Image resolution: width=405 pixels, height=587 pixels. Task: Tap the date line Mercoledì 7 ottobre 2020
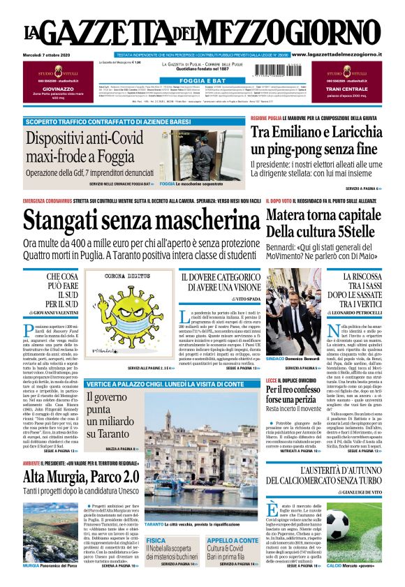(x=50, y=54)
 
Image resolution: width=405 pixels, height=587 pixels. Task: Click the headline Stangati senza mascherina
(x=137, y=220)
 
